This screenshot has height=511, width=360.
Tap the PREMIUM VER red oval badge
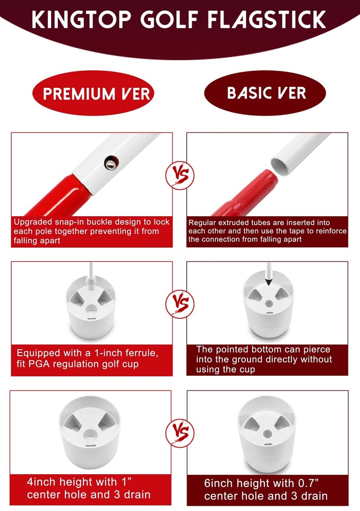93,93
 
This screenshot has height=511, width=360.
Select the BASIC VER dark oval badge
265,93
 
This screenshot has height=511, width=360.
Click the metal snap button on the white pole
111,162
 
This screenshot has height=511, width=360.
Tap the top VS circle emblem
179,175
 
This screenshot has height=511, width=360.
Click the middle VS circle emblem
179,304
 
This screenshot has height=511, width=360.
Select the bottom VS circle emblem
179,433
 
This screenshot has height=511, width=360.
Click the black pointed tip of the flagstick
268,281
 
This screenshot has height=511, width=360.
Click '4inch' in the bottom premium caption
41,482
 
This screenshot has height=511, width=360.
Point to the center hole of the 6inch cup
268,433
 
